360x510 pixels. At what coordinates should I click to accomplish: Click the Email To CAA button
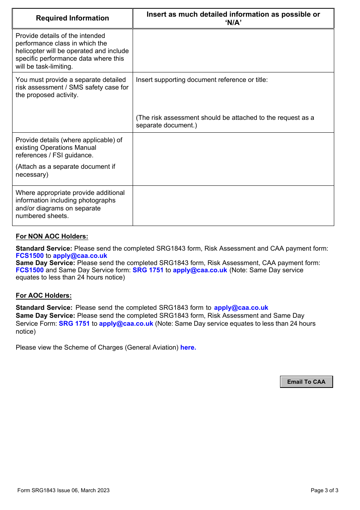306,382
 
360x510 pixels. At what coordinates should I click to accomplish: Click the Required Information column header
72,18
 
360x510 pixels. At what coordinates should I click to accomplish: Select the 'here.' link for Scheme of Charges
188,347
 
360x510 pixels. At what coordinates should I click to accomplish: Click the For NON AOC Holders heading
52,236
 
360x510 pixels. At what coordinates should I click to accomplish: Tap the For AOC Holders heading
44,295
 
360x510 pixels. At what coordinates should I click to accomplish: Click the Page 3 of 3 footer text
324,490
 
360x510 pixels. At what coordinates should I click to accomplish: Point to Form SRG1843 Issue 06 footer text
63,490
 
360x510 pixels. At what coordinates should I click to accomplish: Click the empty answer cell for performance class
233,50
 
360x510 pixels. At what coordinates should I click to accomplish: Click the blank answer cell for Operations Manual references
233,159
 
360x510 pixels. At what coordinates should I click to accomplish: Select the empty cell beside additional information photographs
233,206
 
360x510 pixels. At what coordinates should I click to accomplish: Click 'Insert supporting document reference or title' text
202,80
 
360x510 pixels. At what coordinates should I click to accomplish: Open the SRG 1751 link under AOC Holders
74,323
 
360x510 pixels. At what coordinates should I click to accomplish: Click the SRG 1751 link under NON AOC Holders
148,270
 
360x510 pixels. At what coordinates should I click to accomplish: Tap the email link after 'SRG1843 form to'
241,308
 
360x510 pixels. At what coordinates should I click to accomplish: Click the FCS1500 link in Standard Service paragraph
30,256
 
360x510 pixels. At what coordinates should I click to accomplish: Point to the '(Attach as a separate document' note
65,166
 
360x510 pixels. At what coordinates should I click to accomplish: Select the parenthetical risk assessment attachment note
225,121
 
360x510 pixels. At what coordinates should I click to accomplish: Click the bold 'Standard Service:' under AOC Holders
44,308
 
